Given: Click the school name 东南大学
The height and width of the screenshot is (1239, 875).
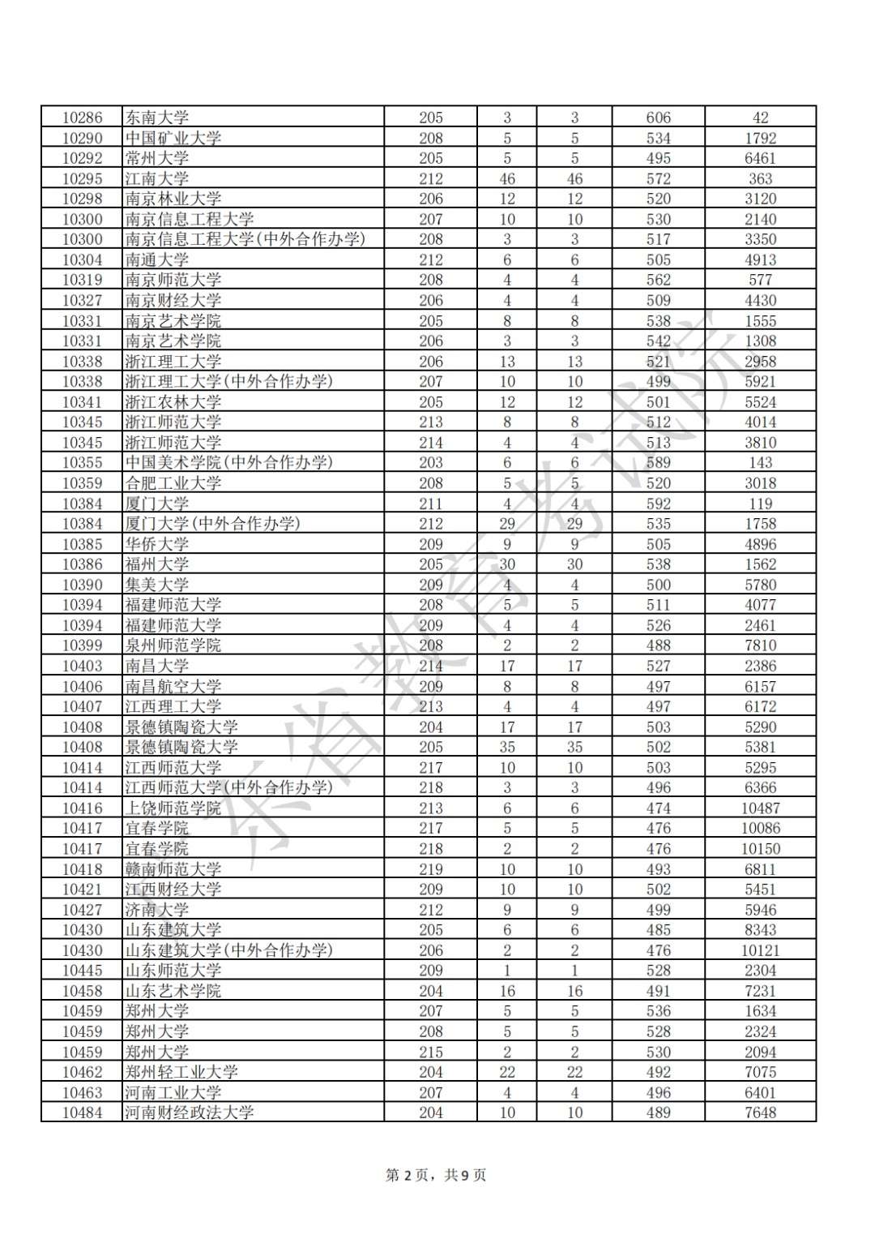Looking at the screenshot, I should coord(157,118).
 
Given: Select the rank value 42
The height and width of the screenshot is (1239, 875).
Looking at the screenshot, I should coord(760,118).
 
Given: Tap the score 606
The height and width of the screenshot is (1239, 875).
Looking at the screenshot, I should coord(658,118).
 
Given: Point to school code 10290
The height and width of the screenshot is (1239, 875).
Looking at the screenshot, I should coord(83,138).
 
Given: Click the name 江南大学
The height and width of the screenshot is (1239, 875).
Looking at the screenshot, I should coord(157,178).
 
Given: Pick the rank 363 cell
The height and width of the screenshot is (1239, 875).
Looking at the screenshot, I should coord(760,178).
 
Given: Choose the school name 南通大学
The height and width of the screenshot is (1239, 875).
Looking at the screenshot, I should coord(157,259).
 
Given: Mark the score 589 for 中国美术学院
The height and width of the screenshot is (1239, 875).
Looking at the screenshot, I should coord(658,462).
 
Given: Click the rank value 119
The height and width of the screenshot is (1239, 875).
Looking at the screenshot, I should coord(760,504).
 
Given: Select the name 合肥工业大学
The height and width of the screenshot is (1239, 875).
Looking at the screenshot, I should coord(173,483).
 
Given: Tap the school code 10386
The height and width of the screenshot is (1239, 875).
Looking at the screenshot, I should coord(83,564).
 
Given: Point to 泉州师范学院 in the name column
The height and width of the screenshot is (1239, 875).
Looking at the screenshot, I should coord(173,645).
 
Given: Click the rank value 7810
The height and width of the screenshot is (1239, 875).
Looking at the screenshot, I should coord(760,645).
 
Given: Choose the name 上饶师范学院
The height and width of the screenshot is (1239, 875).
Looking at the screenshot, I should coord(173,808).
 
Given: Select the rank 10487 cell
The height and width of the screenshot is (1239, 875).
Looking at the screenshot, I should coord(760,808).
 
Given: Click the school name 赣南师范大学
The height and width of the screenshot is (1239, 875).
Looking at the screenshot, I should coord(173,869).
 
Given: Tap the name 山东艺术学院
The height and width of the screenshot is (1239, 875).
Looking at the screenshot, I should coord(173,991).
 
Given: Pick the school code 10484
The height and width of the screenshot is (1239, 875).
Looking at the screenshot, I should coord(83,1113).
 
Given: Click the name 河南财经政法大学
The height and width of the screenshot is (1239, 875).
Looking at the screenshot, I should coord(190,1113).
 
